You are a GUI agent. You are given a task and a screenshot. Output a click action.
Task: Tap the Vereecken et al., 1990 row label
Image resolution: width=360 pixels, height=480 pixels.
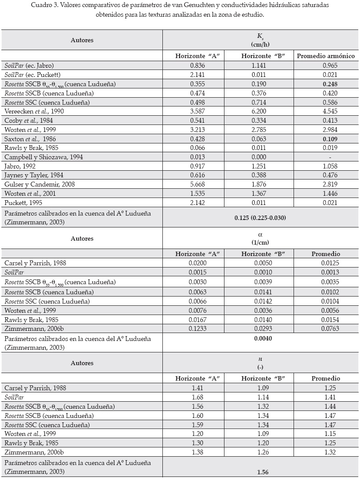(x=34, y=111)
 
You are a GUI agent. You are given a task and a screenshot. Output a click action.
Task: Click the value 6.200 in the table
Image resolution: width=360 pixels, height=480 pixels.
(x=261, y=111)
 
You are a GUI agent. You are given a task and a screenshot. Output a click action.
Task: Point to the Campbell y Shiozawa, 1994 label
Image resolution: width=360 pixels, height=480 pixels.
(x=44, y=157)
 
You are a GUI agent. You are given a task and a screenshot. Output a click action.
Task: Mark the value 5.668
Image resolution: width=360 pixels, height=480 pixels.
(x=197, y=184)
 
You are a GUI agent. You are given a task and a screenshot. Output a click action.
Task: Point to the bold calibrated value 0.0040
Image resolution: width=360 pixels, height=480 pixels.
(x=261, y=339)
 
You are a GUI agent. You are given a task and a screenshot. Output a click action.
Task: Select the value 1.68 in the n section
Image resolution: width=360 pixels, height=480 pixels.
(x=197, y=397)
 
